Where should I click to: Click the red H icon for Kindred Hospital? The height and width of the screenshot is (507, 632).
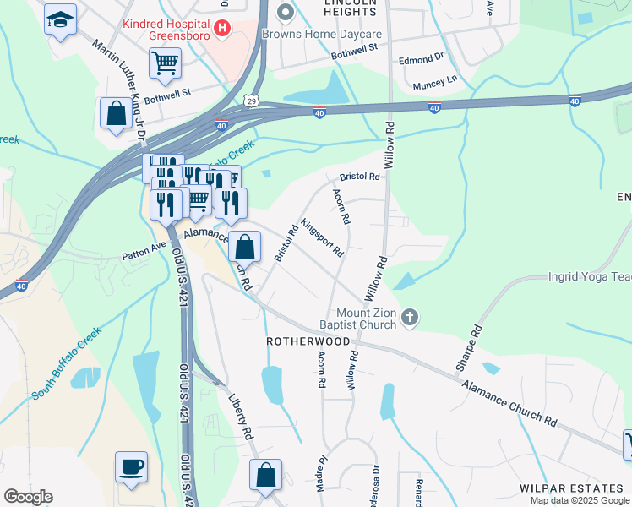point(222,29)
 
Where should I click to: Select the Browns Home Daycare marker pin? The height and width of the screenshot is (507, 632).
point(286,12)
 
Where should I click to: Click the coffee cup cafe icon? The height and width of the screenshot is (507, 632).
point(131,466)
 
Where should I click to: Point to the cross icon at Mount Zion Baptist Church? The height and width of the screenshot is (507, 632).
point(410,319)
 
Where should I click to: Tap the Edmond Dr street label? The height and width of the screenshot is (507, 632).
point(421,59)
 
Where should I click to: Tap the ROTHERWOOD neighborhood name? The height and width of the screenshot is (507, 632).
point(308,341)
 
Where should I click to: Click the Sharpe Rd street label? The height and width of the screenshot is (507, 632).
point(466,349)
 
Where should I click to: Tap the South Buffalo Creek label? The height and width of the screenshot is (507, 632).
point(67,363)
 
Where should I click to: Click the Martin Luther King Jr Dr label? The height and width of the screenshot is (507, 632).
point(119,89)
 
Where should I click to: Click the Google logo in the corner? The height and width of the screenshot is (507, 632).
point(28,497)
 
